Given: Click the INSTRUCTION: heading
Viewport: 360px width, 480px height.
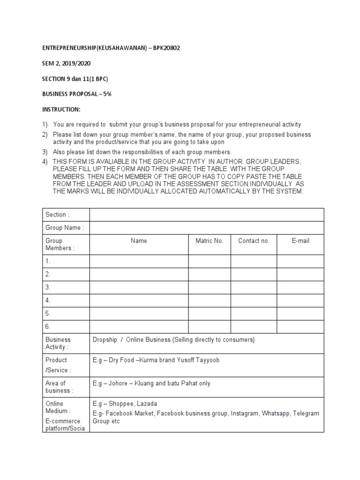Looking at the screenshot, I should pos(61,109).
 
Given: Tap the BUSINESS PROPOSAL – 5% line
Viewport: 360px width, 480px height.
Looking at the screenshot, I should pos(76,94).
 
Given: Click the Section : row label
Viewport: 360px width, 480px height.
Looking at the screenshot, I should pos(57,215).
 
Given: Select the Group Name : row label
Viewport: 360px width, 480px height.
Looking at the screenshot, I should pos(65,228).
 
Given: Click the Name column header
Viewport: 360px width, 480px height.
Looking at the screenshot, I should pos(139,241).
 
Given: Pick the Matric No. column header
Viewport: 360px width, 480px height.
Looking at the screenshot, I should pos(210,241).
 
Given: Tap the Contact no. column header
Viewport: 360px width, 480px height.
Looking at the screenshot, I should pos(254,241).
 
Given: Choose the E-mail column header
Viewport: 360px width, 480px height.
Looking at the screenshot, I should pos(300,241).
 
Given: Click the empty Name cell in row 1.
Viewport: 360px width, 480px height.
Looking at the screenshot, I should pos(139,262).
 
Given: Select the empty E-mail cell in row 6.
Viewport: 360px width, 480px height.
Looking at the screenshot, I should pos(300,327).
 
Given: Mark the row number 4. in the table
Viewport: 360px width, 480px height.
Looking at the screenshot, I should pos(48,300).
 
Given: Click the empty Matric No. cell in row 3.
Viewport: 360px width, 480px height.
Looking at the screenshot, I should pos(210,287).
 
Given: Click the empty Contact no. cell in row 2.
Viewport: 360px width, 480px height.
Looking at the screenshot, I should pos(254,274).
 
